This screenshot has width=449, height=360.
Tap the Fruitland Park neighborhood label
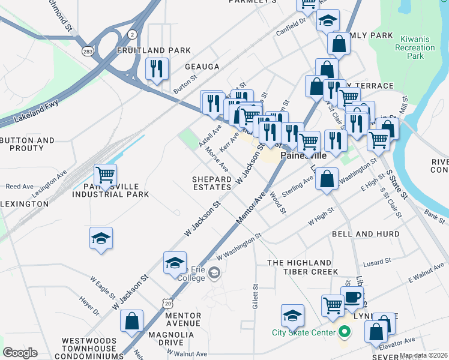pyautogui.click(x=154, y=50)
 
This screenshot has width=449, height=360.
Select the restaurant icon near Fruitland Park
pyautogui.click(x=157, y=68)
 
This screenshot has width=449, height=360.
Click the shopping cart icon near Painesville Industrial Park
pyautogui.click(x=105, y=175)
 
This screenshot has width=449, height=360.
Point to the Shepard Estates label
pyautogui.click(x=212, y=183)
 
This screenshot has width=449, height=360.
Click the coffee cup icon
pyautogui.click(x=352, y=296)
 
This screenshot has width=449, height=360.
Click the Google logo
pyautogui.click(x=20, y=353)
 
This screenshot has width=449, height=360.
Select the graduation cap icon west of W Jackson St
pyautogui.click(x=101, y=239)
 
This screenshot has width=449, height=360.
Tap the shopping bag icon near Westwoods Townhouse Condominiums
pyautogui.click(x=131, y=320)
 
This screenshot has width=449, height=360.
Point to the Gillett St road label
pyautogui.click(x=255, y=297)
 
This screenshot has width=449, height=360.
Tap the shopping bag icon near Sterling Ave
pyautogui.click(x=327, y=179)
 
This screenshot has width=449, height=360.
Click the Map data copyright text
pyautogui.click(x=424, y=355)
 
